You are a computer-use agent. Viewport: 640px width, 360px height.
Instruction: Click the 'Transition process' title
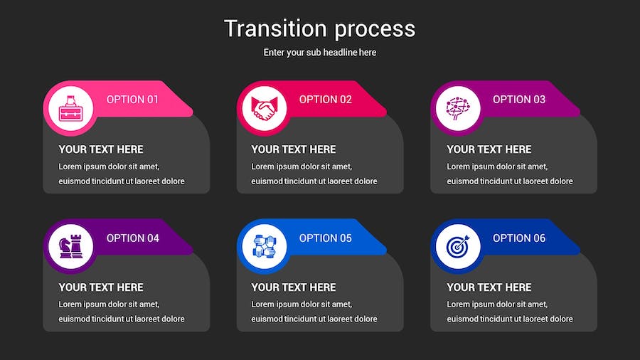click(x=319, y=29)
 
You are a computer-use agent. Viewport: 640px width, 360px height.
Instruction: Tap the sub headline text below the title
click(x=319, y=52)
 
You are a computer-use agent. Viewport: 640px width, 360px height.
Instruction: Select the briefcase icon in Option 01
click(x=70, y=109)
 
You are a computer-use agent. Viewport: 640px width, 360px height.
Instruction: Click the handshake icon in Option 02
click(x=264, y=109)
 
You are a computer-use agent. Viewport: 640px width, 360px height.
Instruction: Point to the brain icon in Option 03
click(x=458, y=109)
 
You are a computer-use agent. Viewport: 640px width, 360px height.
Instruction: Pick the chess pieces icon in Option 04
click(x=70, y=247)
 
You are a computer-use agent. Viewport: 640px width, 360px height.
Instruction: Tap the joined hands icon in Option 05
click(x=264, y=247)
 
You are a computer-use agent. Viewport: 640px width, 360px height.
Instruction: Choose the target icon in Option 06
click(x=458, y=247)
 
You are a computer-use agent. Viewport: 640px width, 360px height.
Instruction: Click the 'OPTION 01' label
click(x=132, y=100)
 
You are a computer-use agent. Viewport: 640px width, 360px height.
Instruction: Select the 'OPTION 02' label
click(x=325, y=100)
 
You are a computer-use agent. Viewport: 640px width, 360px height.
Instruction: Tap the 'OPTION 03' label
click(x=519, y=100)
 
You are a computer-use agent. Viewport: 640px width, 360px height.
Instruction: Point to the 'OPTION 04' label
click(x=133, y=238)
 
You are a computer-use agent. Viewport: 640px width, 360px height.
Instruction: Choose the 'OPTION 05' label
click(x=325, y=238)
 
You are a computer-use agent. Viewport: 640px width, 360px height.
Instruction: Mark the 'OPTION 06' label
click(x=519, y=238)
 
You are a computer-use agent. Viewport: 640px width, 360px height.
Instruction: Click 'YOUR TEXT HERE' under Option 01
click(x=101, y=149)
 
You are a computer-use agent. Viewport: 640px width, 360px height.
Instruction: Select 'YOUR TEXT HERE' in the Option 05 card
click(x=294, y=287)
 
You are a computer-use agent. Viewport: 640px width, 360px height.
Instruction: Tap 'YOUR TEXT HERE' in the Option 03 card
click(x=489, y=149)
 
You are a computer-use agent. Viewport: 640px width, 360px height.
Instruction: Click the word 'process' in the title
click(x=375, y=30)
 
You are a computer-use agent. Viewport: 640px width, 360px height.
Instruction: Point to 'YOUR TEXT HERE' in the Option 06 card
click(x=489, y=287)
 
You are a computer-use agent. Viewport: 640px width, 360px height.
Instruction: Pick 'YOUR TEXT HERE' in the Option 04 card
click(x=101, y=287)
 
